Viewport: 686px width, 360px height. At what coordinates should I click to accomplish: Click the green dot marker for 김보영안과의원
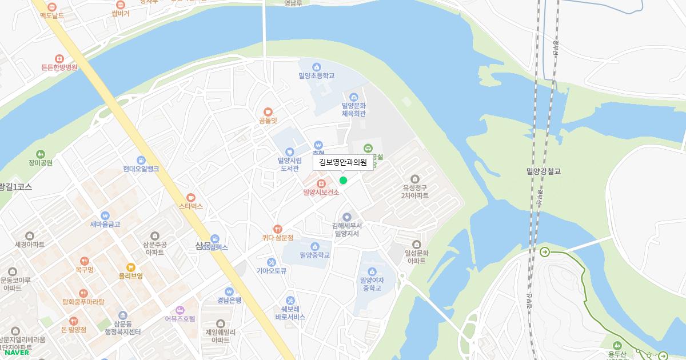343,181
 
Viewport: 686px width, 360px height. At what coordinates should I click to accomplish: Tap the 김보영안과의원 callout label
343,162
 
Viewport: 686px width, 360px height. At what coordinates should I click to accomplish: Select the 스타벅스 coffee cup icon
191,197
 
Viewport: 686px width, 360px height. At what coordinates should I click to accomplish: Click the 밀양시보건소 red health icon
321,183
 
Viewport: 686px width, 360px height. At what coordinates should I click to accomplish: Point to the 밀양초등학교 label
316,75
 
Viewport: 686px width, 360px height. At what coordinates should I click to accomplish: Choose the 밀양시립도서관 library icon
289,151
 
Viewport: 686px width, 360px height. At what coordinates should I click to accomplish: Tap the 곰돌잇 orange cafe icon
268,111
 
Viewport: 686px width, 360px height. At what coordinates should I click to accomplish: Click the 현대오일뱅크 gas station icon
141,160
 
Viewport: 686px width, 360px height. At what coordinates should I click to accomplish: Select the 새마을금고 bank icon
105,215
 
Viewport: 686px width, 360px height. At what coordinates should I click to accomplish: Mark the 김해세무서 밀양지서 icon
346,217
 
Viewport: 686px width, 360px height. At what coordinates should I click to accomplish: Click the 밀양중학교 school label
314,255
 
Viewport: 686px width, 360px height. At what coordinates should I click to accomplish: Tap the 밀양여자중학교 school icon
372,271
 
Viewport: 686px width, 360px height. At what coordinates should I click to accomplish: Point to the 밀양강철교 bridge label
544,171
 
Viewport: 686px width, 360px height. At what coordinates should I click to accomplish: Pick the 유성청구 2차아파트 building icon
415,179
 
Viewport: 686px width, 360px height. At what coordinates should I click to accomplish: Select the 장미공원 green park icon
40,154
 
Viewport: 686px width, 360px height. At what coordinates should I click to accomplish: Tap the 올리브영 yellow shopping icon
131,267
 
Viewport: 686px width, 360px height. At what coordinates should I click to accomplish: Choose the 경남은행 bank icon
229,291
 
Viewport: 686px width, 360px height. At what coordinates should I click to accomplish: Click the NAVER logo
17,352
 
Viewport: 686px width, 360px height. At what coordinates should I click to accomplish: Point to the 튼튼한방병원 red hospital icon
59,59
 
